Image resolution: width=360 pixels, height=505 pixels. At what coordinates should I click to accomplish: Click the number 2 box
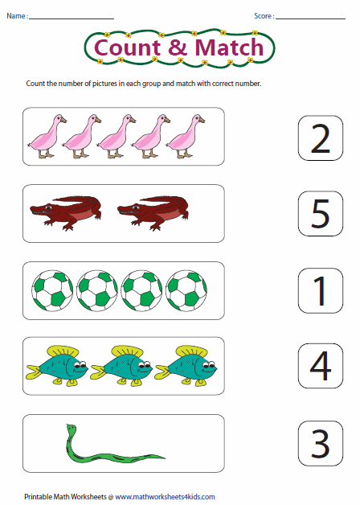pyautogui.click(x=320, y=138)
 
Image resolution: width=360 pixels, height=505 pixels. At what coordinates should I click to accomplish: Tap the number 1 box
pyautogui.click(x=320, y=289)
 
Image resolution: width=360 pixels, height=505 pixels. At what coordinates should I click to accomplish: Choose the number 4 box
pyautogui.click(x=320, y=366)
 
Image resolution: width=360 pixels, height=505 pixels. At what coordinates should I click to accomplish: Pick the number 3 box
pyautogui.click(x=320, y=441)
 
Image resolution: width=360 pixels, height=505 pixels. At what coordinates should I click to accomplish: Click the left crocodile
pyautogui.click(x=69, y=211)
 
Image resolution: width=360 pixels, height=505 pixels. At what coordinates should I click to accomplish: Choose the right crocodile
pyautogui.click(x=153, y=211)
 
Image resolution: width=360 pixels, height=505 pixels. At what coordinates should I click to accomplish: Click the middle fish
pyautogui.click(x=123, y=365)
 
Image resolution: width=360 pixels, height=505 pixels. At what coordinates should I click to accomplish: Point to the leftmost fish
pyautogui.click(x=58, y=365)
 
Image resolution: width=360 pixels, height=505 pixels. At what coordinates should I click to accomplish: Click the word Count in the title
pyautogui.click(x=128, y=47)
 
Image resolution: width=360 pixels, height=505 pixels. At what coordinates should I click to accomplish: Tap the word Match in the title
pyautogui.click(x=226, y=47)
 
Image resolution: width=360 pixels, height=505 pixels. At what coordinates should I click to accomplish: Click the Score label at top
pyautogui.click(x=264, y=15)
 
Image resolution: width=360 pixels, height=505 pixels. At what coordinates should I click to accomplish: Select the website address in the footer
pyautogui.click(x=165, y=497)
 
